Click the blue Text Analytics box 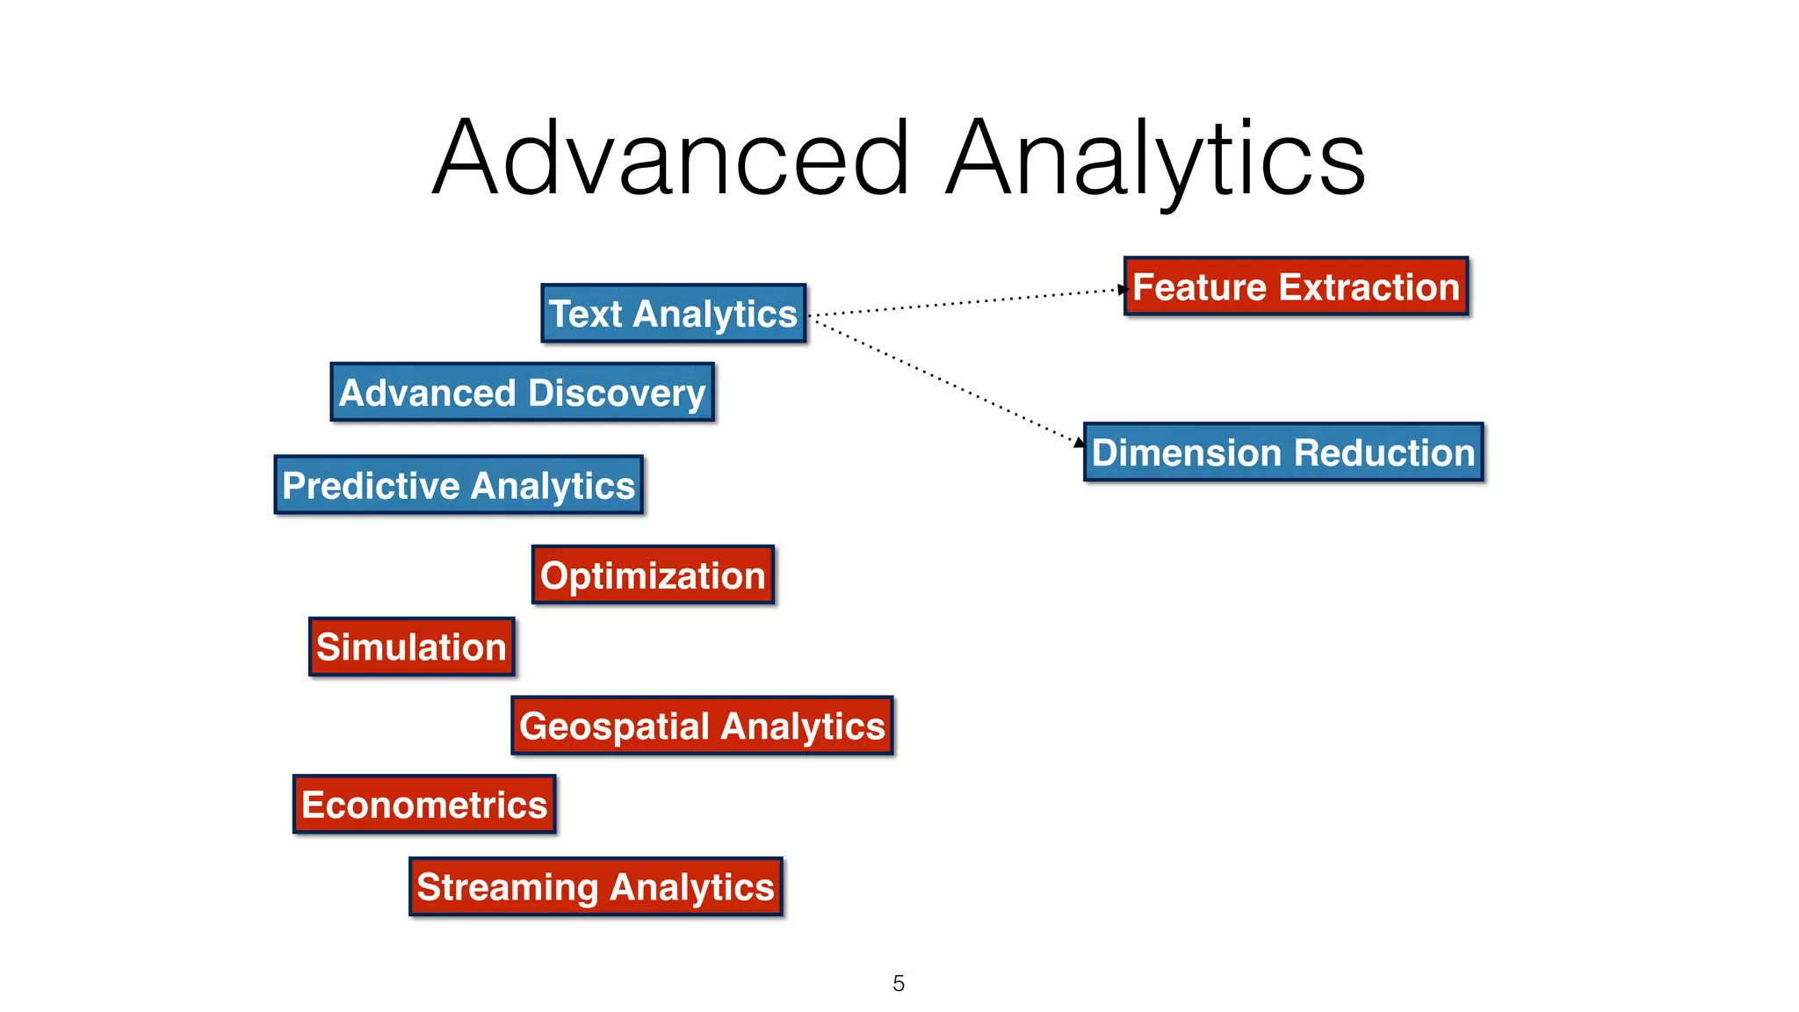[x=674, y=314]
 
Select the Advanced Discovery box [x=523, y=393]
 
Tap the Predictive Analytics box [x=459, y=485]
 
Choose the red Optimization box [x=653, y=575]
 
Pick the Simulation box [x=411, y=647]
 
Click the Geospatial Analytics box [x=702, y=726]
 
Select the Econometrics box [x=424, y=805]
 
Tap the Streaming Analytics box [x=596, y=887]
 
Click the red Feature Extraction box [x=1296, y=287]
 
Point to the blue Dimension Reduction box [x=1283, y=452]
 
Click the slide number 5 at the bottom [x=899, y=983]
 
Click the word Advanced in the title [x=671, y=158]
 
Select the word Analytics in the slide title [x=1155, y=158]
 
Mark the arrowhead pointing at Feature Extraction [x=1123, y=289]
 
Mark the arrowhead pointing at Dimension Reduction [x=1080, y=442]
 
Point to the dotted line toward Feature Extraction [x=966, y=301]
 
